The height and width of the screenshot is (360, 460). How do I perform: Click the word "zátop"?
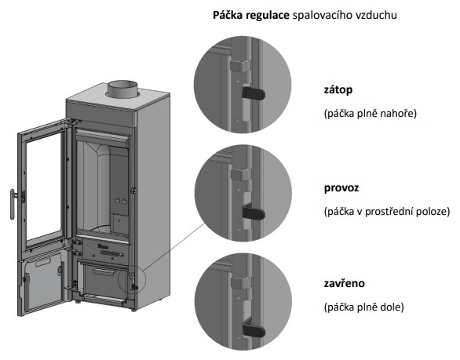coord(338,89)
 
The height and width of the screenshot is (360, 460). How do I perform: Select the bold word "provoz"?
coord(341,188)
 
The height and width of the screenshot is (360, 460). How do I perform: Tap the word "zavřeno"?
coord(344,283)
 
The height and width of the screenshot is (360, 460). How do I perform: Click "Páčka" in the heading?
coord(228,15)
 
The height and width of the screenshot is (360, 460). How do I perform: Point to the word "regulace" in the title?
coord(268,15)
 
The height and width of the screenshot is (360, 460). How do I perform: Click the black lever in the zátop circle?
coord(254,93)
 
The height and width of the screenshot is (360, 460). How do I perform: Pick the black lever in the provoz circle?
coord(254,213)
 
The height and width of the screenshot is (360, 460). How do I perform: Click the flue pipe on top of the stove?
coord(122,89)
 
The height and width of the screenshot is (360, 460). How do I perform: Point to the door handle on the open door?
coord(13,204)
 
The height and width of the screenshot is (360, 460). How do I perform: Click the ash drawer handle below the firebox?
coord(104,273)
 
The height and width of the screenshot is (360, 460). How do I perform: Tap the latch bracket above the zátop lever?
coord(239,66)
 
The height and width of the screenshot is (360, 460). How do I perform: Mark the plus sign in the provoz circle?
coord(239,191)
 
